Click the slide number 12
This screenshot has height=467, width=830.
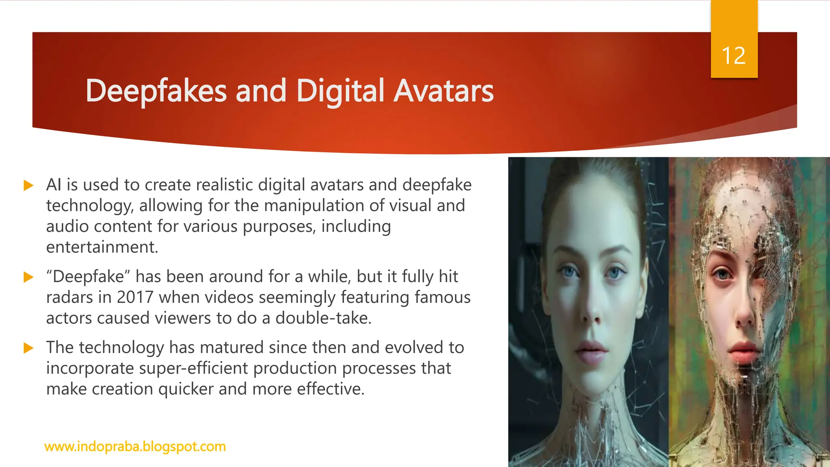(x=734, y=56)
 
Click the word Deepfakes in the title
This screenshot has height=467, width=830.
(x=156, y=91)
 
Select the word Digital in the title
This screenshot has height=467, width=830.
(x=340, y=91)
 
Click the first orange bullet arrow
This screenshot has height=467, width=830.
(x=28, y=186)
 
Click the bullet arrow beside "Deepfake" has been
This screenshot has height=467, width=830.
(x=28, y=277)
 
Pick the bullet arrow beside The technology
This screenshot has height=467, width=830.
(x=28, y=348)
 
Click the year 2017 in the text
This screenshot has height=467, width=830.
(x=135, y=298)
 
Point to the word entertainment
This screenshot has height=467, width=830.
(x=102, y=247)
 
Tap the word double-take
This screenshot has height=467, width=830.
(x=323, y=318)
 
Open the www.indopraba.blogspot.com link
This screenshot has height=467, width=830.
(x=135, y=446)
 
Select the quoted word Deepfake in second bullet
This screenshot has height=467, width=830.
(x=88, y=277)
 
